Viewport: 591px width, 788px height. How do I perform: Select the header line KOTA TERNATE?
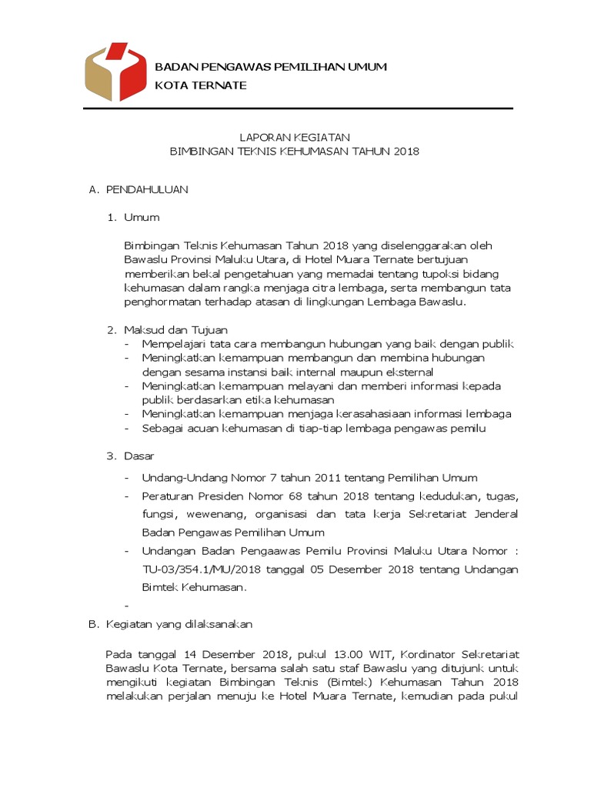(201, 85)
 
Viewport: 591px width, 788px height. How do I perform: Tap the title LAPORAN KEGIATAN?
(295, 136)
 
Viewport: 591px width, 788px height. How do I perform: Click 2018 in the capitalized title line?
(405, 152)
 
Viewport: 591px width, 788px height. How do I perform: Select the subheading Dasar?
(139, 456)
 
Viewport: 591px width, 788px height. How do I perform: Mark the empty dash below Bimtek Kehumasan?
(126, 605)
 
